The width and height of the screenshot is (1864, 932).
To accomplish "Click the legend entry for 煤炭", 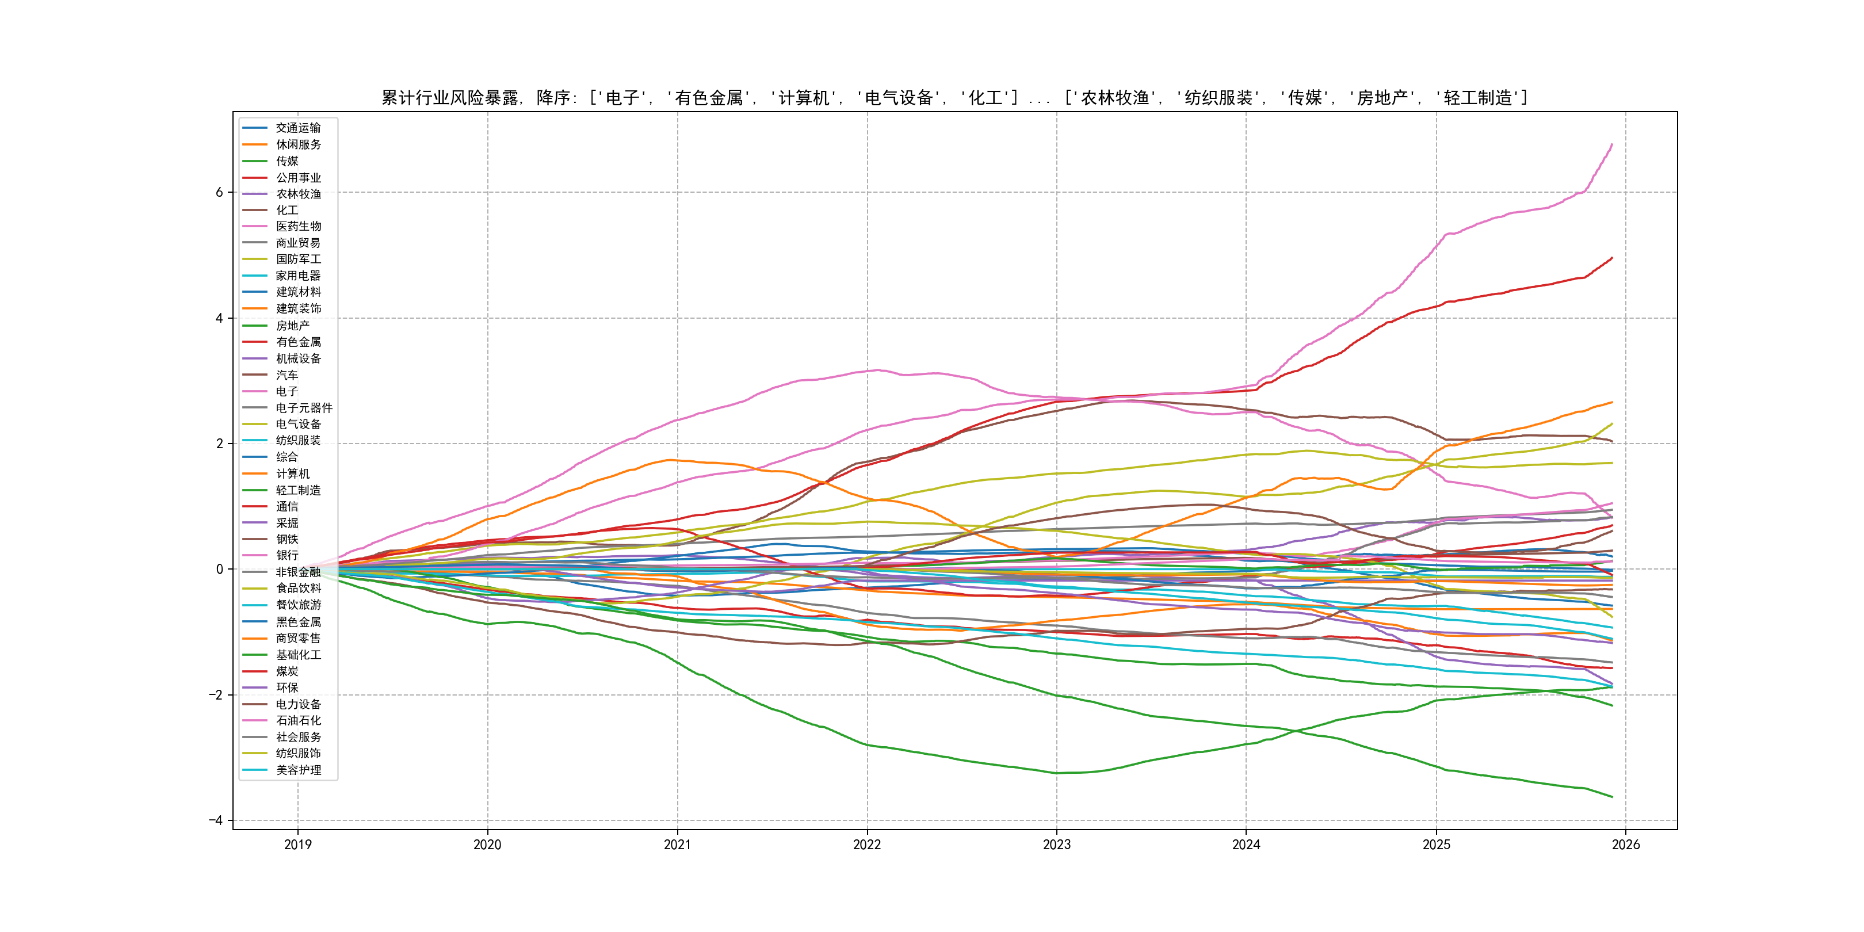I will (x=287, y=671).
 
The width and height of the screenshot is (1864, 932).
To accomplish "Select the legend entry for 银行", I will (x=287, y=555).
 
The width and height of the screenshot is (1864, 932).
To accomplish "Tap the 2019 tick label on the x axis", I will (x=297, y=845).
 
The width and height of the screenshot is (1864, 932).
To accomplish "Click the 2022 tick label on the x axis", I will (x=867, y=845).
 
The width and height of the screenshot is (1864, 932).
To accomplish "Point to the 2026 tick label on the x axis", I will (x=1625, y=845).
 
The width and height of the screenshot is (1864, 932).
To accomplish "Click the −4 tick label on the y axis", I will (x=216, y=820).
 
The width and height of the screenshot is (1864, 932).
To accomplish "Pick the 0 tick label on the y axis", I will (x=219, y=570).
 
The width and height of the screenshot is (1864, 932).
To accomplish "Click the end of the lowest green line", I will (x=1612, y=797).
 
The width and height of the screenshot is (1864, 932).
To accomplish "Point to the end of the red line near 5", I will (x=1612, y=258).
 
